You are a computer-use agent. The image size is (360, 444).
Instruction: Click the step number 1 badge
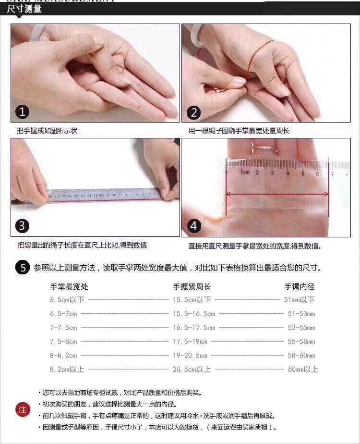23,112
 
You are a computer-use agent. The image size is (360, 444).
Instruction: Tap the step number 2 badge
194,113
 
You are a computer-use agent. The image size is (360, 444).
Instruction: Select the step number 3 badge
23,226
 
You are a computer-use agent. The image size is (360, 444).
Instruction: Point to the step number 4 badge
194,226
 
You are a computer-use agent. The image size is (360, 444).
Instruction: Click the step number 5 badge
22,268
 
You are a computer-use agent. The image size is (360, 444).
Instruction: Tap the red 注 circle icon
22,410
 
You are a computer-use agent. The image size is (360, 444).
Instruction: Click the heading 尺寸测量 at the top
24,9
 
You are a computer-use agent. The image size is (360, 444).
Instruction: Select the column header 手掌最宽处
69,287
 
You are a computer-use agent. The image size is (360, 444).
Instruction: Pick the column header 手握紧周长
192,287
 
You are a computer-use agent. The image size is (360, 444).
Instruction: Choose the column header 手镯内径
300,287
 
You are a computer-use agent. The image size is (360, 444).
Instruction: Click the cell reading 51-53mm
301,314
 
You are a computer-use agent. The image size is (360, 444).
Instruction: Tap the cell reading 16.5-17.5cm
193,328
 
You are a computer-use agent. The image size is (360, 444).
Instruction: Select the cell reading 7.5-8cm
63,342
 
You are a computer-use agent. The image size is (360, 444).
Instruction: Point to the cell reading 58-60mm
301,356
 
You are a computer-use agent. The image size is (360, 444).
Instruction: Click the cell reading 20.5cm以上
192,370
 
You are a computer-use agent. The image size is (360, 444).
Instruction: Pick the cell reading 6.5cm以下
67,300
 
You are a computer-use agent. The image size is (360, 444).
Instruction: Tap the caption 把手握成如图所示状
47,131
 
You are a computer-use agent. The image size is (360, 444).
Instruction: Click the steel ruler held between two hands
106,195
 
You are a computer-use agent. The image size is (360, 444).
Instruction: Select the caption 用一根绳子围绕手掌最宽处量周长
239,131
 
